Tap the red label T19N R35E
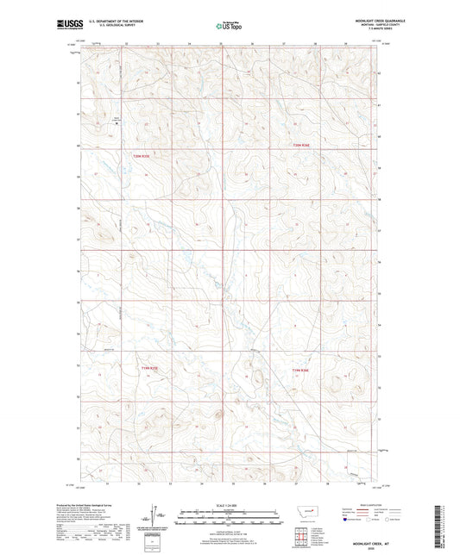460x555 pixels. pos(150,369)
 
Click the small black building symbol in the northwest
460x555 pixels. pos(117,122)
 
